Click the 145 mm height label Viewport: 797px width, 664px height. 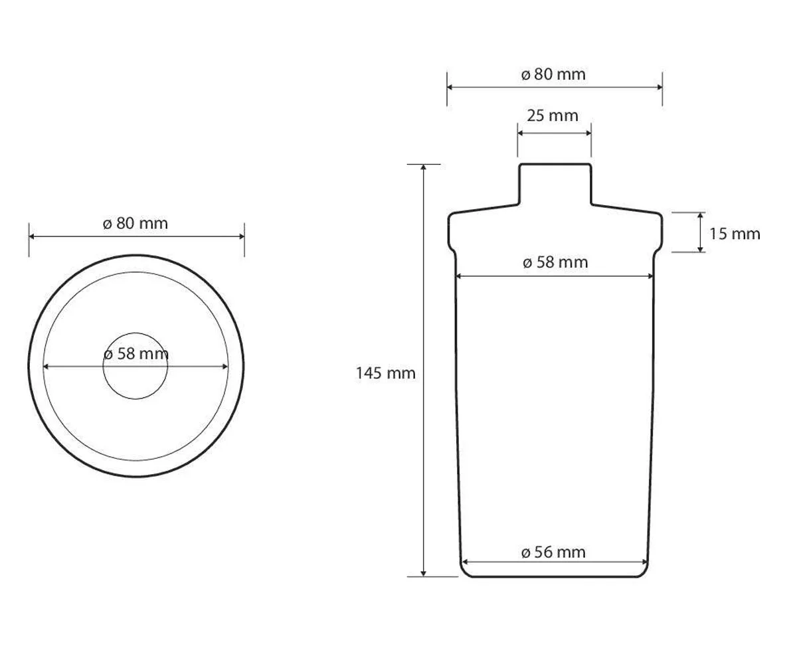(385, 373)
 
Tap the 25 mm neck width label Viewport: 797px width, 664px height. (553, 116)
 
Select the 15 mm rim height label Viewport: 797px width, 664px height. (735, 234)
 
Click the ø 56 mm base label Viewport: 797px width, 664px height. (553, 552)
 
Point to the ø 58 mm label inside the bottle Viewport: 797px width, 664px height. (555, 262)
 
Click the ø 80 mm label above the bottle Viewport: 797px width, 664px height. (553, 74)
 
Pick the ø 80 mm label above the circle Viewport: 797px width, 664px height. (135, 223)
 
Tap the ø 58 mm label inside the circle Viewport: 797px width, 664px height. (136, 354)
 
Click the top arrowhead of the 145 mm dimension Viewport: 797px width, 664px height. (423, 167)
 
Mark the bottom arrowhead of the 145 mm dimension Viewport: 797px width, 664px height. (423, 574)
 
